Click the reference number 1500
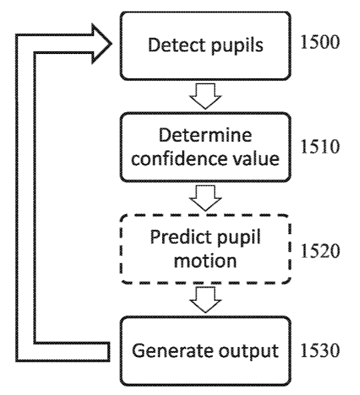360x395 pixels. click(x=320, y=42)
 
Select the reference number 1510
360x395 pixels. click(x=320, y=147)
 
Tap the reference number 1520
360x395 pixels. click(x=320, y=251)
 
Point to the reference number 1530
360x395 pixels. click(x=320, y=350)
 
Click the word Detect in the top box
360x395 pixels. click(x=177, y=45)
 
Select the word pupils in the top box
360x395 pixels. click(x=237, y=46)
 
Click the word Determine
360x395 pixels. click(x=205, y=135)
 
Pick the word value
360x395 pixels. click(x=256, y=158)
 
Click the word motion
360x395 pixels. click(x=205, y=260)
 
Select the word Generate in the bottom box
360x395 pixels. click(x=173, y=350)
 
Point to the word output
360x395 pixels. click(x=249, y=352)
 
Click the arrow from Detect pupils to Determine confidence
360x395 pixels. click(x=205, y=96)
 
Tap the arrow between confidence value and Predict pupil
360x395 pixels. click(x=205, y=198)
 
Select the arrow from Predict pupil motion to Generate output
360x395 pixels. click(x=205, y=300)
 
